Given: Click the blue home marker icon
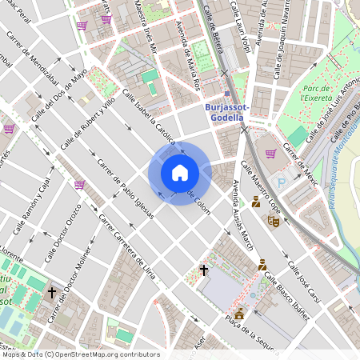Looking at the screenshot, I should [x=179, y=173].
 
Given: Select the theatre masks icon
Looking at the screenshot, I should [x=273, y=220].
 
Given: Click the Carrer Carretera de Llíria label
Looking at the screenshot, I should [x=126, y=249].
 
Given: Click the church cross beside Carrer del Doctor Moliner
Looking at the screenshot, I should [x=52, y=293].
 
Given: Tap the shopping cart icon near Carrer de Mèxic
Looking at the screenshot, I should [x=270, y=153].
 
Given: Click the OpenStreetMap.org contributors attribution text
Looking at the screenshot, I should [x=108, y=354].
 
